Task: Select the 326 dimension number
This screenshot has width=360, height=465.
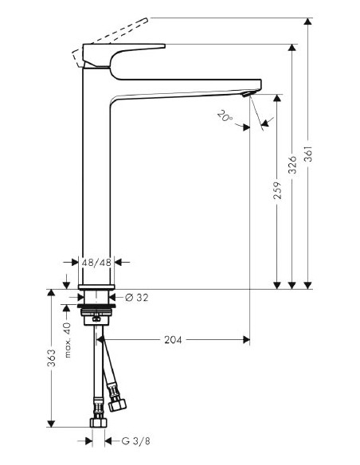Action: pos(293,165)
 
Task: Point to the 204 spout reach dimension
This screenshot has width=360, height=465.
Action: pos(173,340)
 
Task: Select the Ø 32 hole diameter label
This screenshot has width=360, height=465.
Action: pos(136,298)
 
